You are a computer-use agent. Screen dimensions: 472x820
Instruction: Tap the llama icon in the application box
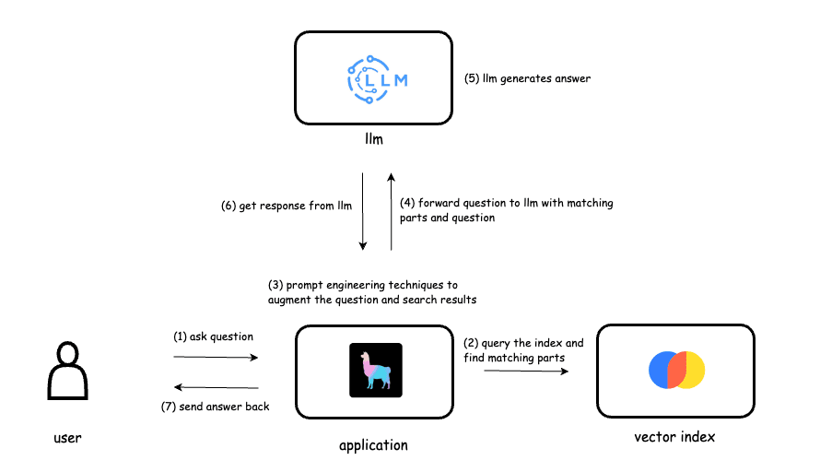pos(376,370)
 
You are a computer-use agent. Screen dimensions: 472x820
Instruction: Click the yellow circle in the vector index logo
pos(690,369)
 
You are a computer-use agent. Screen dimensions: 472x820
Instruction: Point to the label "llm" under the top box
pos(373,139)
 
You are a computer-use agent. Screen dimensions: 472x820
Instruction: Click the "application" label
pos(373,445)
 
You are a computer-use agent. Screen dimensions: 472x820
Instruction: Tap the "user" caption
pos(66,437)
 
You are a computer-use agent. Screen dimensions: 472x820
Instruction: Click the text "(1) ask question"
pos(213,336)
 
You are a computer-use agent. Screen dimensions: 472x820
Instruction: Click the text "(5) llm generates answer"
pos(527,78)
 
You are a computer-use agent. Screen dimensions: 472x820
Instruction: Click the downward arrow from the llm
pos(363,211)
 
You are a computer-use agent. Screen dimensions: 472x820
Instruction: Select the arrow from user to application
pos(216,357)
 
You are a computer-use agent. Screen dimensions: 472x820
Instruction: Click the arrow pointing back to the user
pos(216,388)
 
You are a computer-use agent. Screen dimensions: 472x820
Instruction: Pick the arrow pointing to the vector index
pos(526,371)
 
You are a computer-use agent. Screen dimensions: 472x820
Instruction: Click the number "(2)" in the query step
pos(471,343)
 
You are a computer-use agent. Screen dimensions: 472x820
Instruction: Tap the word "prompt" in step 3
pos(305,285)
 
